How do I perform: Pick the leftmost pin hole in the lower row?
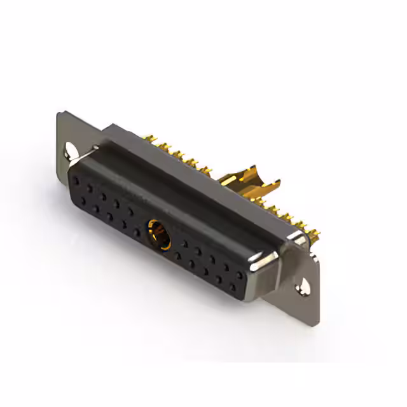pyautogui.click(x=82, y=200)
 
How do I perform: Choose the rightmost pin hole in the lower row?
pyautogui.click(x=232, y=287)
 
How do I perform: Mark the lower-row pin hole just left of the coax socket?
pyautogui.click(x=137, y=233)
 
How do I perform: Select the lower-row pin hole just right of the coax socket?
pyautogui.click(x=178, y=256)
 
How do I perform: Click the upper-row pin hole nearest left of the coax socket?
pyautogui.click(x=131, y=212)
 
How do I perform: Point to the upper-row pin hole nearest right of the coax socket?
pyautogui.click(x=184, y=244)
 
